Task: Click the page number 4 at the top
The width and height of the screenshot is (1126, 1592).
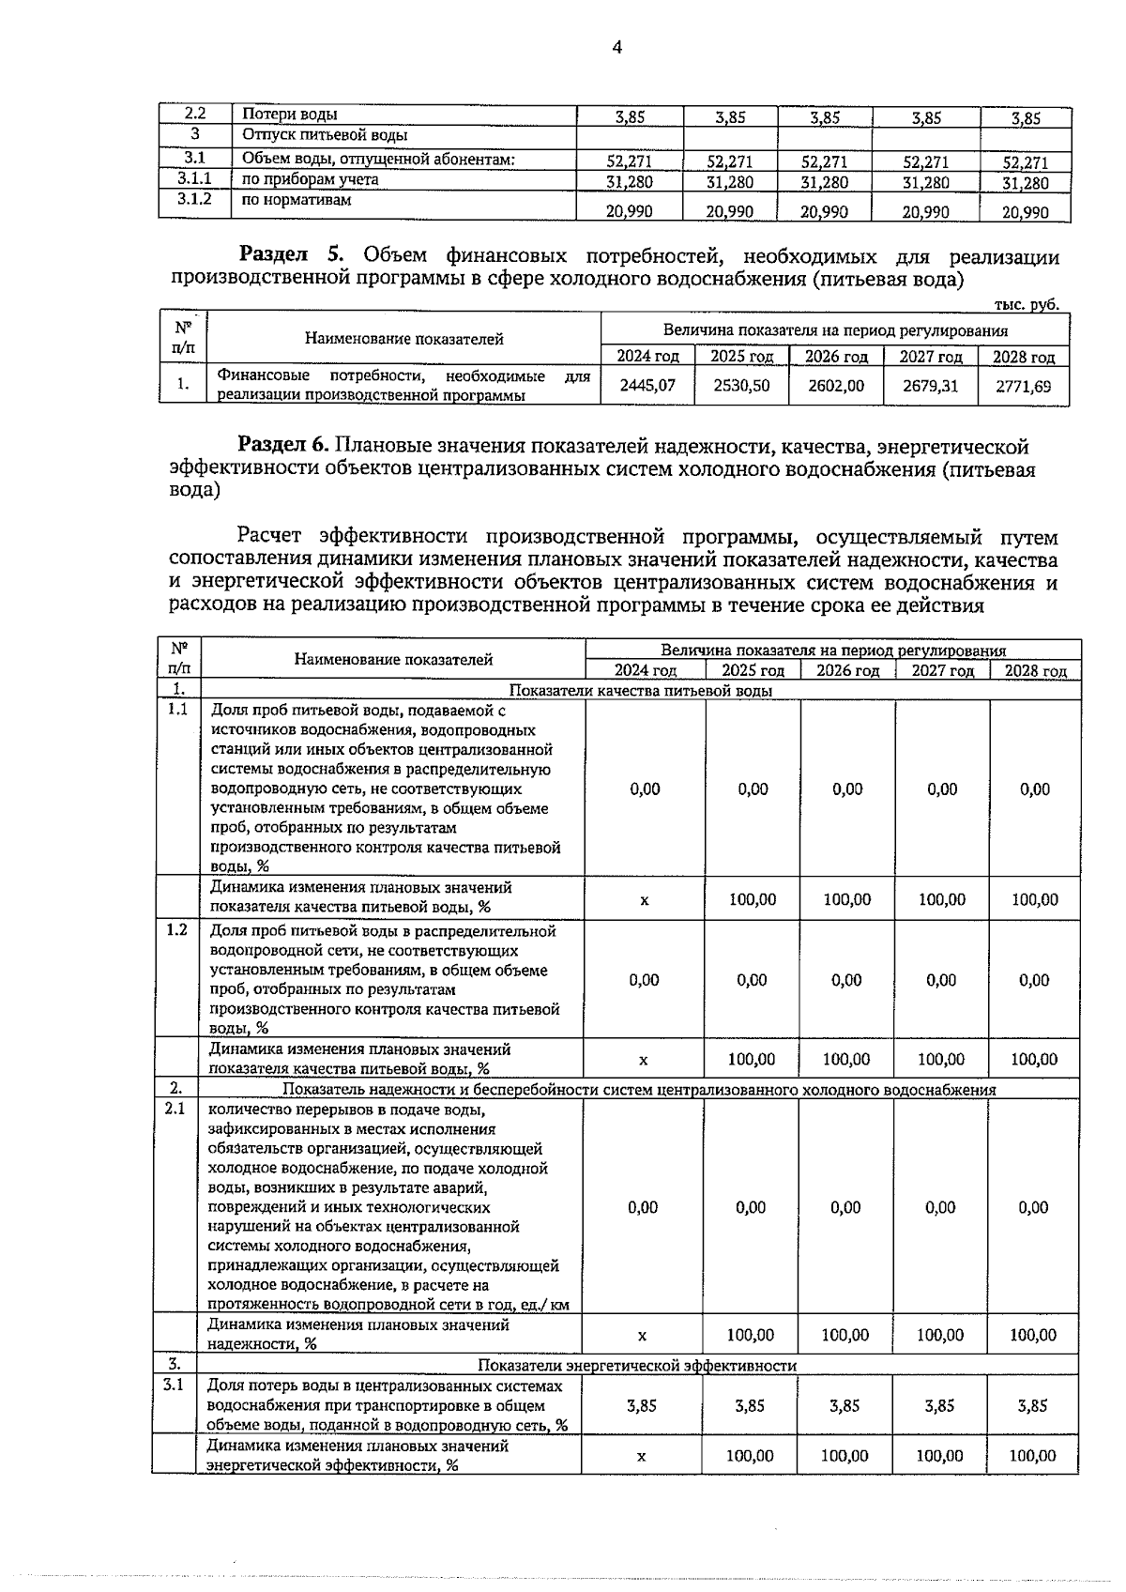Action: point(616,48)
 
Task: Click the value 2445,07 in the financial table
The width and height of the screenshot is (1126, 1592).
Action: point(647,386)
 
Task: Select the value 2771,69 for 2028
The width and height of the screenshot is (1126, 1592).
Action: point(1024,386)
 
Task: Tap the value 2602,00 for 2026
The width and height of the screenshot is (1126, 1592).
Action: point(835,386)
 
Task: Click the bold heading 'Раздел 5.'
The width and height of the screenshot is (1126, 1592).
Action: point(296,255)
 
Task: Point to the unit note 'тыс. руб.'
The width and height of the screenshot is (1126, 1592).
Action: point(1026,304)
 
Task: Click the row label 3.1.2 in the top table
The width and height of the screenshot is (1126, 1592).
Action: point(194,200)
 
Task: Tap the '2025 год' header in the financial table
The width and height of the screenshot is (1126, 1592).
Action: point(741,357)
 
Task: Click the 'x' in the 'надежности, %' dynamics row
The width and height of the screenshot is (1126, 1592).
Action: point(642,1336)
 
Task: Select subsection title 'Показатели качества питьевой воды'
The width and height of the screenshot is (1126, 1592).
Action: point(641,691)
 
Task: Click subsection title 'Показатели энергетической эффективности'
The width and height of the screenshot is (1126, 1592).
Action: point(637,1366)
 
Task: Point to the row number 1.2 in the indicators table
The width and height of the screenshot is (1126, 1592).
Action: point(176,930)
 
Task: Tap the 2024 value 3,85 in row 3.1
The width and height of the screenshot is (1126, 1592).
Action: point(641,1406)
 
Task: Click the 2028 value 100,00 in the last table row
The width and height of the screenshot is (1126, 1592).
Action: point(1032,1456)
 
